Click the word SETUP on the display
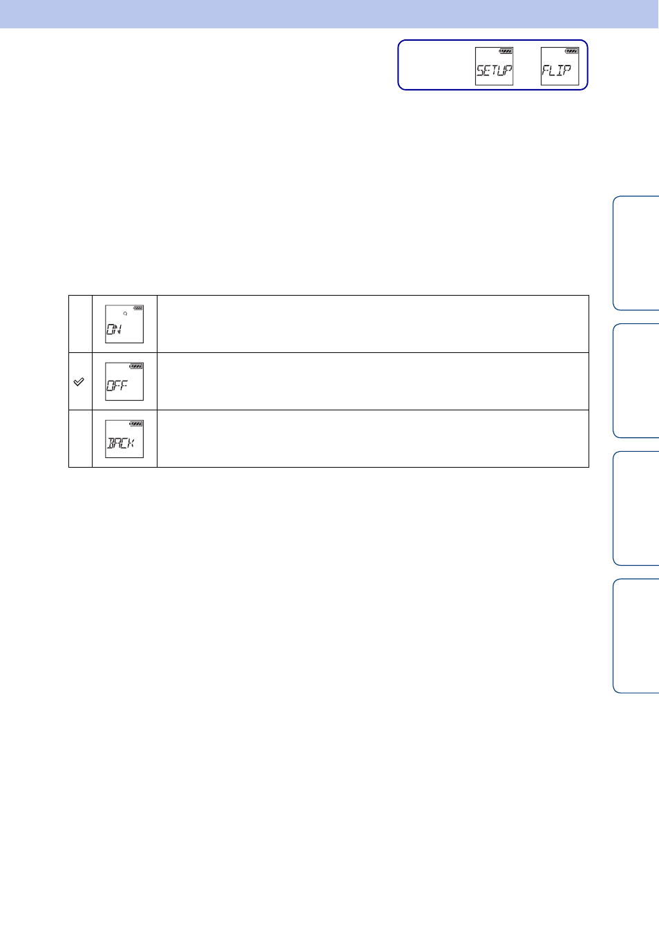[494, 70]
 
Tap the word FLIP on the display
[557, 70]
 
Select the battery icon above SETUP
[506, 51]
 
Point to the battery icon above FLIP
[572, 51]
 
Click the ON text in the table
[114, 329]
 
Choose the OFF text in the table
[117, 385]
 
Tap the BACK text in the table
[121, 443]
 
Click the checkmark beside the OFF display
[79, 382]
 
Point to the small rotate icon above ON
[125, 314]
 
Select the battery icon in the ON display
[137, 308]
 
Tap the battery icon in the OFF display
[136, 366]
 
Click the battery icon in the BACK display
[136, 423]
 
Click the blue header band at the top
[329, 14]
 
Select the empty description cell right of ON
[373, 324]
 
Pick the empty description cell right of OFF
[373, 381]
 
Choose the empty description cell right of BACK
[373, 439]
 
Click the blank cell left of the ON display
[81, 324]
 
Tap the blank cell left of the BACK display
[81, 439]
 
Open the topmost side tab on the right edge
[636, 253]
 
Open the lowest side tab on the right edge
[636, 636]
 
